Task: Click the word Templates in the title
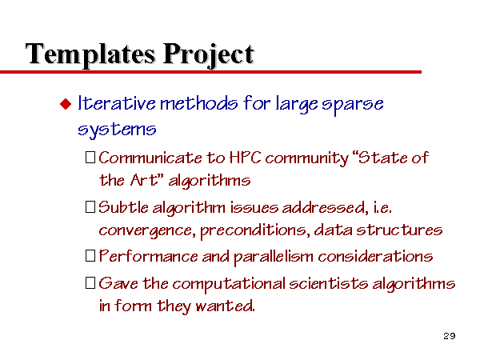(x=90, y=54)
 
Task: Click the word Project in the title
(x=209, y=54)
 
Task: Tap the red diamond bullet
(x=66, y=104)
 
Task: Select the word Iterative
(x=117, y=103)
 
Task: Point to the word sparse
(x=352, y=105)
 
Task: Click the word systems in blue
(x=117, y=130)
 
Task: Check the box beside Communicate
(x=90, y=157)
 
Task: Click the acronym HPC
(x=245, y=158)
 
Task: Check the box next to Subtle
(x=90, y=207)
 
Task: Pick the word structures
(x=399, y=230)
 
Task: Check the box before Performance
(x=90, y=256)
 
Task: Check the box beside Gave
(x=90, y=283)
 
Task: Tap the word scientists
(x=329, y=283)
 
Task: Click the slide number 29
(x=450, y=336)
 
